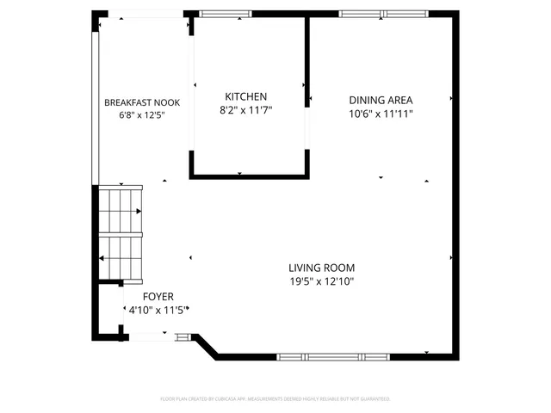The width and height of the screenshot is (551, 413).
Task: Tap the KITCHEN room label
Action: (245, 96)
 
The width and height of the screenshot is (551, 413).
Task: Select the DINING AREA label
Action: (381, 99)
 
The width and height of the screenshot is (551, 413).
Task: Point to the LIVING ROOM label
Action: (321, 268)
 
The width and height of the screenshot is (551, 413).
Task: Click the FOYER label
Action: (158, 297)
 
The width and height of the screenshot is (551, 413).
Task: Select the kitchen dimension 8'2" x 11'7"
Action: (245, 110)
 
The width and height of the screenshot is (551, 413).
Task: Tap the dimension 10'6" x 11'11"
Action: (381, 113)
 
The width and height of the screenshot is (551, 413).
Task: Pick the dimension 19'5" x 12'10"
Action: (321, 281)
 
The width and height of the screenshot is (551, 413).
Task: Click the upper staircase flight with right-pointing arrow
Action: (120, 211)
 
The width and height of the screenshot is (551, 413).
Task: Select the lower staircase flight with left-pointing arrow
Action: (120, 257)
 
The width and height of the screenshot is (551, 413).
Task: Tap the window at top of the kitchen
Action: (225, 14)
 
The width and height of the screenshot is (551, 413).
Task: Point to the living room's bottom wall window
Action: (331, 356)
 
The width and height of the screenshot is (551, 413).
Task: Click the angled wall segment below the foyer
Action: (207, 346)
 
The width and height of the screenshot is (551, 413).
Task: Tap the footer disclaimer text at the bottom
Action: (275, 399)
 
